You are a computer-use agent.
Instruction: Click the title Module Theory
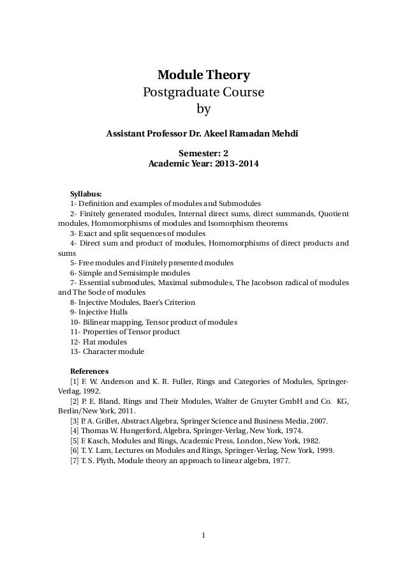203,75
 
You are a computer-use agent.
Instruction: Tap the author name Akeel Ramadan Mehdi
246,134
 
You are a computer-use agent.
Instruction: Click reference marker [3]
75,421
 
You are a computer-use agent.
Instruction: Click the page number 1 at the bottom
203,535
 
